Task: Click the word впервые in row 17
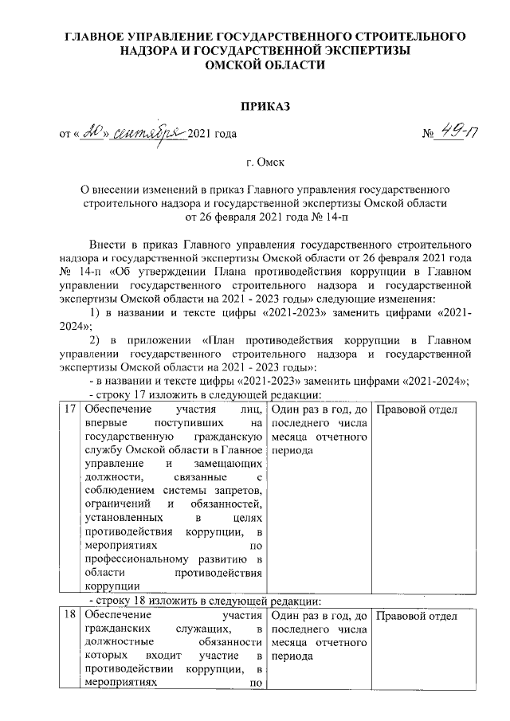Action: (x=104, y=424)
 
